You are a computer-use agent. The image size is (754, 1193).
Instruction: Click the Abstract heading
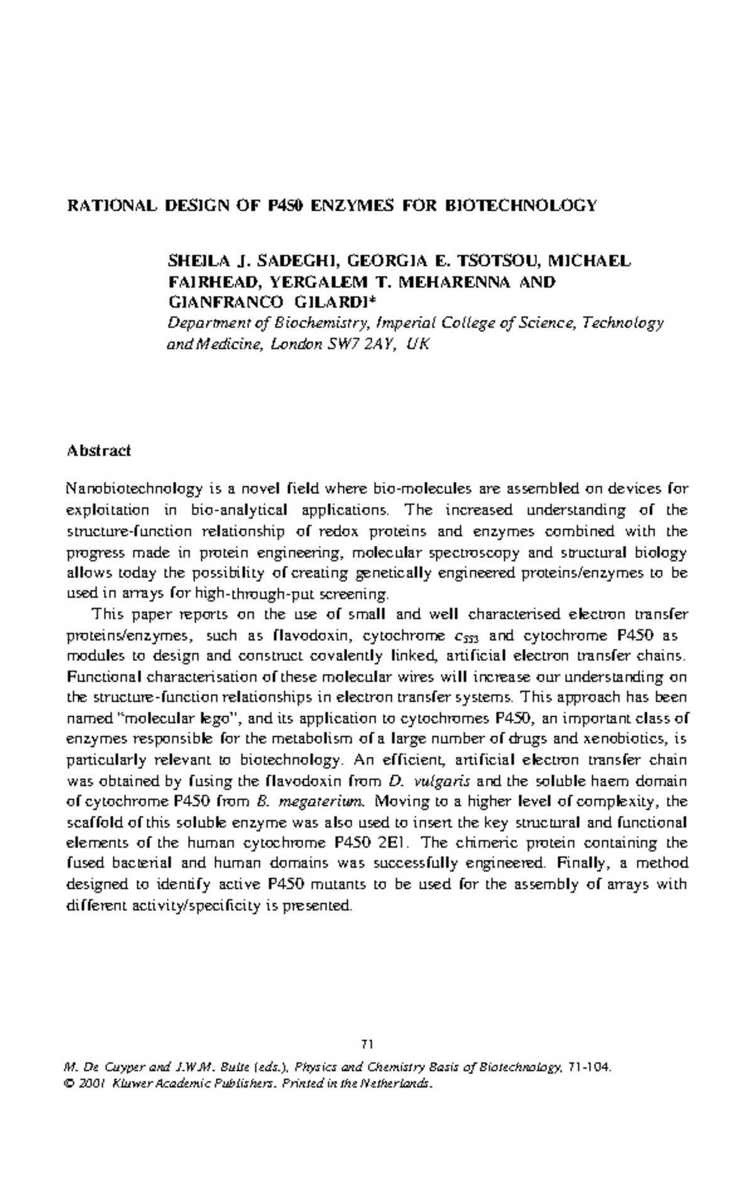pyautogui.click(x=98, y=450)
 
